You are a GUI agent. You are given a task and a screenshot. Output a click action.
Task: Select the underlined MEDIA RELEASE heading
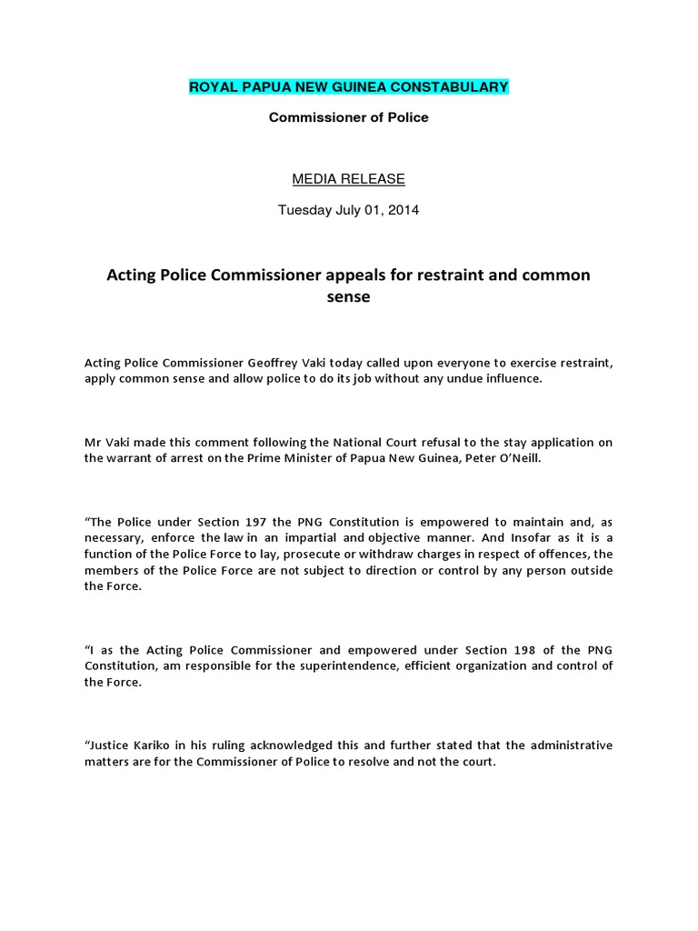coord(348,179)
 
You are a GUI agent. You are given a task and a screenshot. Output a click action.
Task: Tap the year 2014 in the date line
coord(403,210)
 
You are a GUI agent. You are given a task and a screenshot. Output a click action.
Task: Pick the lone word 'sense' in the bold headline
coord(348,297)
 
